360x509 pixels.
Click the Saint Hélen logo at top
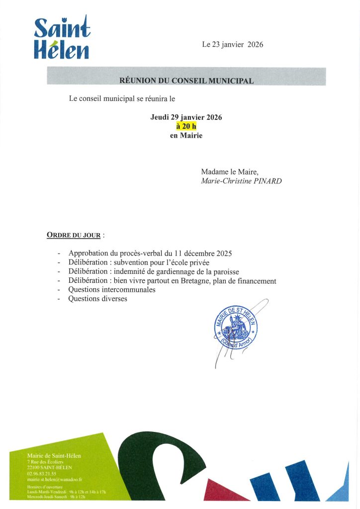coord(62,38)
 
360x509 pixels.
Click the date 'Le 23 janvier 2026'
coord(232,45)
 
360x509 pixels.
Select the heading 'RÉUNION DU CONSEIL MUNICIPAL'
coord(186,81)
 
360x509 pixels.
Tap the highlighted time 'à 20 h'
coord(186,126)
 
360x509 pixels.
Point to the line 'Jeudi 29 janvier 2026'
coord(186,117)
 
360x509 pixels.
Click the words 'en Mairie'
coord(186,135)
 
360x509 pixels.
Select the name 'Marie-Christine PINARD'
coord(241,181)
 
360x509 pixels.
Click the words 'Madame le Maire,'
coord(230,171)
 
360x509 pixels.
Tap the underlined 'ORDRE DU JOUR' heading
coord(74,234)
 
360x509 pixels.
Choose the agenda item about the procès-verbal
coord(150,254)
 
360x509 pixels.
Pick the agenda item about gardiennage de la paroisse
coord(154,271)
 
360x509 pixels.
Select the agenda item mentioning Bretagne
coord(172,281)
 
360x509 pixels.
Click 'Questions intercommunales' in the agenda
coord(112,290)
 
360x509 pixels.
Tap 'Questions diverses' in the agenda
coord(97,299)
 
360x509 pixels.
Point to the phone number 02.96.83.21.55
coord(42,474)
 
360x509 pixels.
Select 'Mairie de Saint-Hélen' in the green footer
coord(54,456)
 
